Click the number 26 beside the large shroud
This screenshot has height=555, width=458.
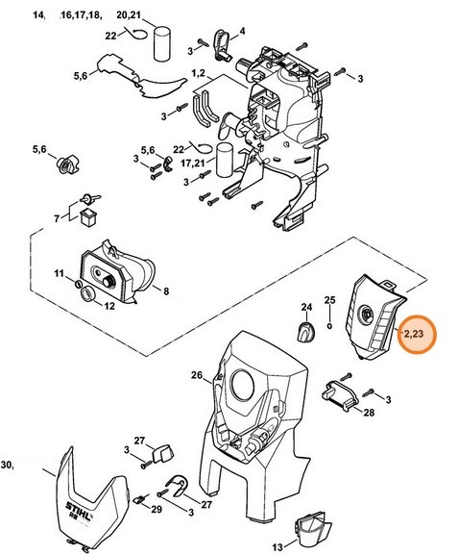(x=196, y=375)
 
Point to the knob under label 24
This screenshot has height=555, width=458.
(x=305, y=332)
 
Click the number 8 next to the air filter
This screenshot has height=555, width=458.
(x=166, y=290)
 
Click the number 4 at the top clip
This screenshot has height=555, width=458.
(x=241, y=31)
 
